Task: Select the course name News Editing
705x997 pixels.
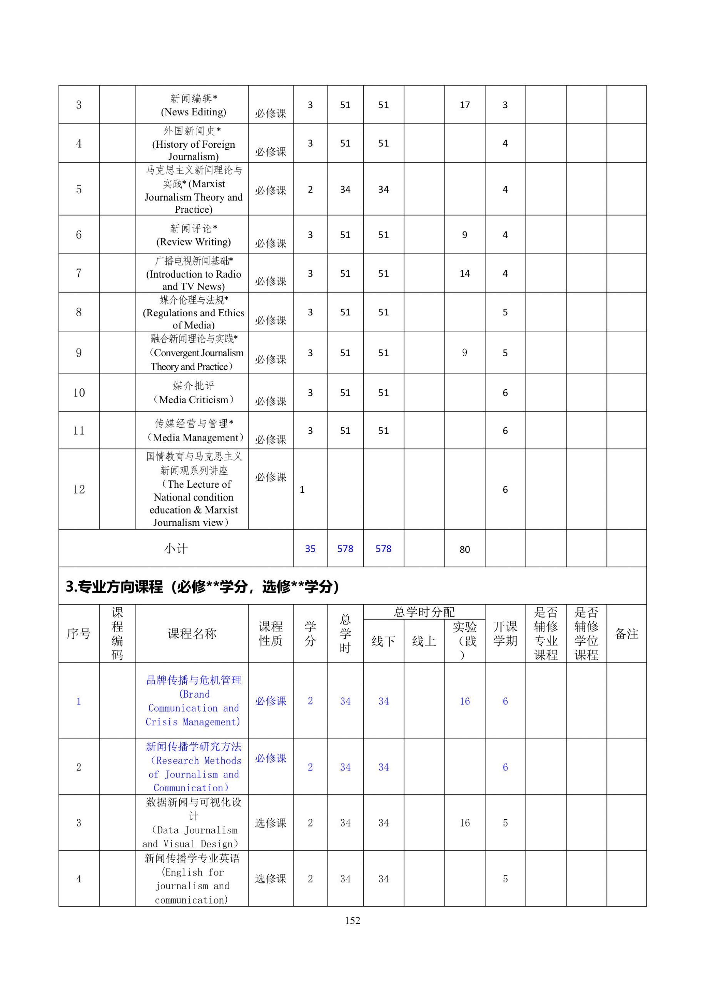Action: pyautogui.click(x=193, y=105)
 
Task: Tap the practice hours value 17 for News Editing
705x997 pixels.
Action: pyautogui.click(x=464, y=105)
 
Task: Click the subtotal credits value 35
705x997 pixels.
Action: pyautogui.click(x=310, y=549)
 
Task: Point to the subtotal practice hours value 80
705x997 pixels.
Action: pyautogui.click(x=464, y=549)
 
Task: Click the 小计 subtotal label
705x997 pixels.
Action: pyautogui.click(x=176, y=549)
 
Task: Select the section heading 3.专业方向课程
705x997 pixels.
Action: pyautogui.click(x=202, y=587)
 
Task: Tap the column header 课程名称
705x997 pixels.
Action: pyautogui.click(x=192, y=634)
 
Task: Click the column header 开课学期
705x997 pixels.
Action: pyautogui.click(x=505, y=634)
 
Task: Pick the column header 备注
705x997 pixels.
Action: pyautogui.click(x=626, y=634)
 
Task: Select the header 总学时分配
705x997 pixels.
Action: pyautogui.click(x=424, y=612)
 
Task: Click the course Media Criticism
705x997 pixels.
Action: pyautogui.click(x=193, y=393)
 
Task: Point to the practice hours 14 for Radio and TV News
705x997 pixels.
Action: pyautogui.click(x=464, y=273)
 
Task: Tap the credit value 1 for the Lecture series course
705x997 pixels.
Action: pyautogui.click(x=302, y=490)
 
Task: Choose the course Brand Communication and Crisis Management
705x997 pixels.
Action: pyautogui.click(x=193, y=701)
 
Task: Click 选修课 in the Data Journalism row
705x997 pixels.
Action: pyautogui.click(x=271, y=823)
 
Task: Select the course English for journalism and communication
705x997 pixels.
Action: pyautogui.click(x=192, y=879)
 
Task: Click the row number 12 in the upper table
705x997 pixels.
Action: pyautogui.click(x=79, y=489)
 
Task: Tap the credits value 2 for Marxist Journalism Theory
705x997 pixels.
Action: pyautogui.click(x=310, y=189)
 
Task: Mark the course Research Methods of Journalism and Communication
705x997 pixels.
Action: pyautogui.click(x=193, y=767)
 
